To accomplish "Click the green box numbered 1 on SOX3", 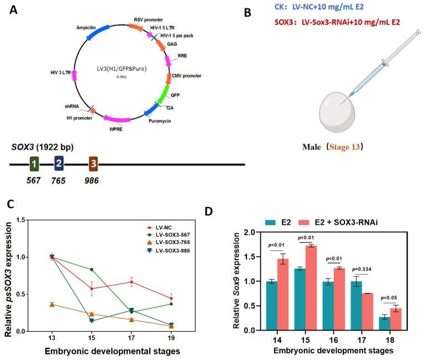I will click(34, 164).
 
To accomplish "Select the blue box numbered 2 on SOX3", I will click(59, 164).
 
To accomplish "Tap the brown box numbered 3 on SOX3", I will click(93, 164).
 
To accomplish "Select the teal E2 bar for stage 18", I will click(382, 323).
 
